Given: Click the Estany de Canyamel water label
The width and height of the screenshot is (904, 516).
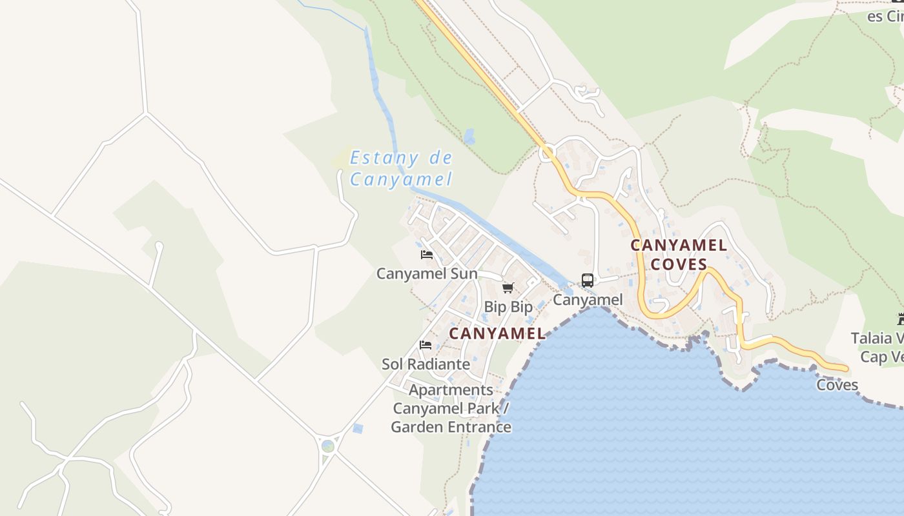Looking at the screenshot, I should pos(400,168).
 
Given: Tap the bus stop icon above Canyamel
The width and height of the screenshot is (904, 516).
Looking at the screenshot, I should pos(587,281).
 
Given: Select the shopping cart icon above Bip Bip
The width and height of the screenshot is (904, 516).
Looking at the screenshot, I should pos(508,288).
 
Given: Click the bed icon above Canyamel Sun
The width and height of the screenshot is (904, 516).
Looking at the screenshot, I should pos(426,255).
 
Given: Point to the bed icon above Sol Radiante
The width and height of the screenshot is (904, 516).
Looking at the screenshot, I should pos(426,345).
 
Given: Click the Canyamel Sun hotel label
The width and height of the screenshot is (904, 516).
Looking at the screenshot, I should pos(427,273).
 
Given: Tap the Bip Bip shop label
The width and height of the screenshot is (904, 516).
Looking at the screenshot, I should pos(508,307).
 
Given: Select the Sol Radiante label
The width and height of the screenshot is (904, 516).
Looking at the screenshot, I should pos(426,364).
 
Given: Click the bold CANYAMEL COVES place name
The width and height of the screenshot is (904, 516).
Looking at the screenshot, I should pos(679,255).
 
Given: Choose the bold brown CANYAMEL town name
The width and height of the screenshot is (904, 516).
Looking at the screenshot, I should pos(497,333).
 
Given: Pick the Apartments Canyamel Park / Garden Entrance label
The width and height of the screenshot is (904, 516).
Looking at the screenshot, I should pos(451,408).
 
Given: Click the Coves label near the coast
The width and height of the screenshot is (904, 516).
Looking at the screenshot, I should pos(837,385).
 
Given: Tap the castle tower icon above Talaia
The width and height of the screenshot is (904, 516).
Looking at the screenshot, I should pos(900,319).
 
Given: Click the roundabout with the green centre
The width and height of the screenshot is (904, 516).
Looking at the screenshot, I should pos(328,446).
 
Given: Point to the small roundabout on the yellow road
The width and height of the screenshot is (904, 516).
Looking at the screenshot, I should pos(548,153).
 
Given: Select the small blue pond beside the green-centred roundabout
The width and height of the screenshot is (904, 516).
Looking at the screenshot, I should pos(358,428).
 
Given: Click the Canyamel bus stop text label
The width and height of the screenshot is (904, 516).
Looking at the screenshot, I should pos(588,300).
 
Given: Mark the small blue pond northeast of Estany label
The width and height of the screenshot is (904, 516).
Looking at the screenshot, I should pos(469,136).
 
